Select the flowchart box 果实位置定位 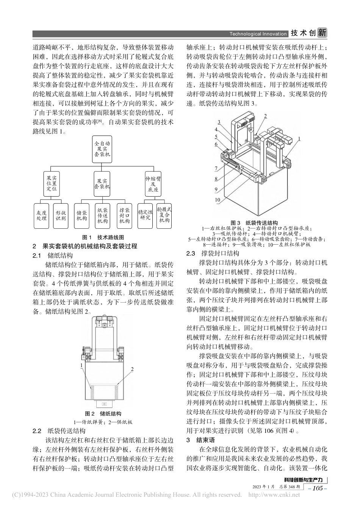coord(52,183)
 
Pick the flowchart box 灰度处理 coord(41,215)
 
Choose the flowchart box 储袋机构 coord(81,215)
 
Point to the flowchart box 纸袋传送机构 coord(102,215)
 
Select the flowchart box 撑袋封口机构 coord(124,215)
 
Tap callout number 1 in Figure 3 coord(299,139)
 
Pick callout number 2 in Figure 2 coord(132,368)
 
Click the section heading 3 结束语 coord(201,440)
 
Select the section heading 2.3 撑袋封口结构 coord(213,253)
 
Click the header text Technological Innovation coord(258,34)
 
